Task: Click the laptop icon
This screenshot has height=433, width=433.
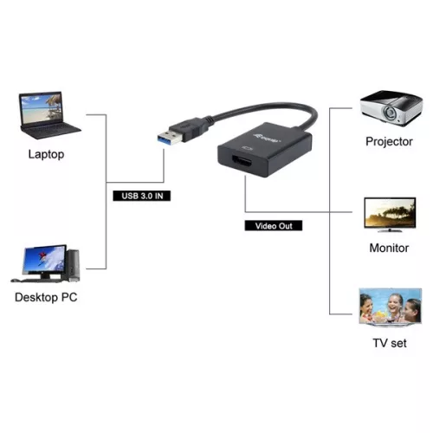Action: pyautogui.click(x=47, y=114)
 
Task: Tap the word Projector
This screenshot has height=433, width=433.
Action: pyautogui.click(x=389, y=141)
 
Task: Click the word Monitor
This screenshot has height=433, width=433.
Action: pyautogui.click(x=388, y=248)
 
